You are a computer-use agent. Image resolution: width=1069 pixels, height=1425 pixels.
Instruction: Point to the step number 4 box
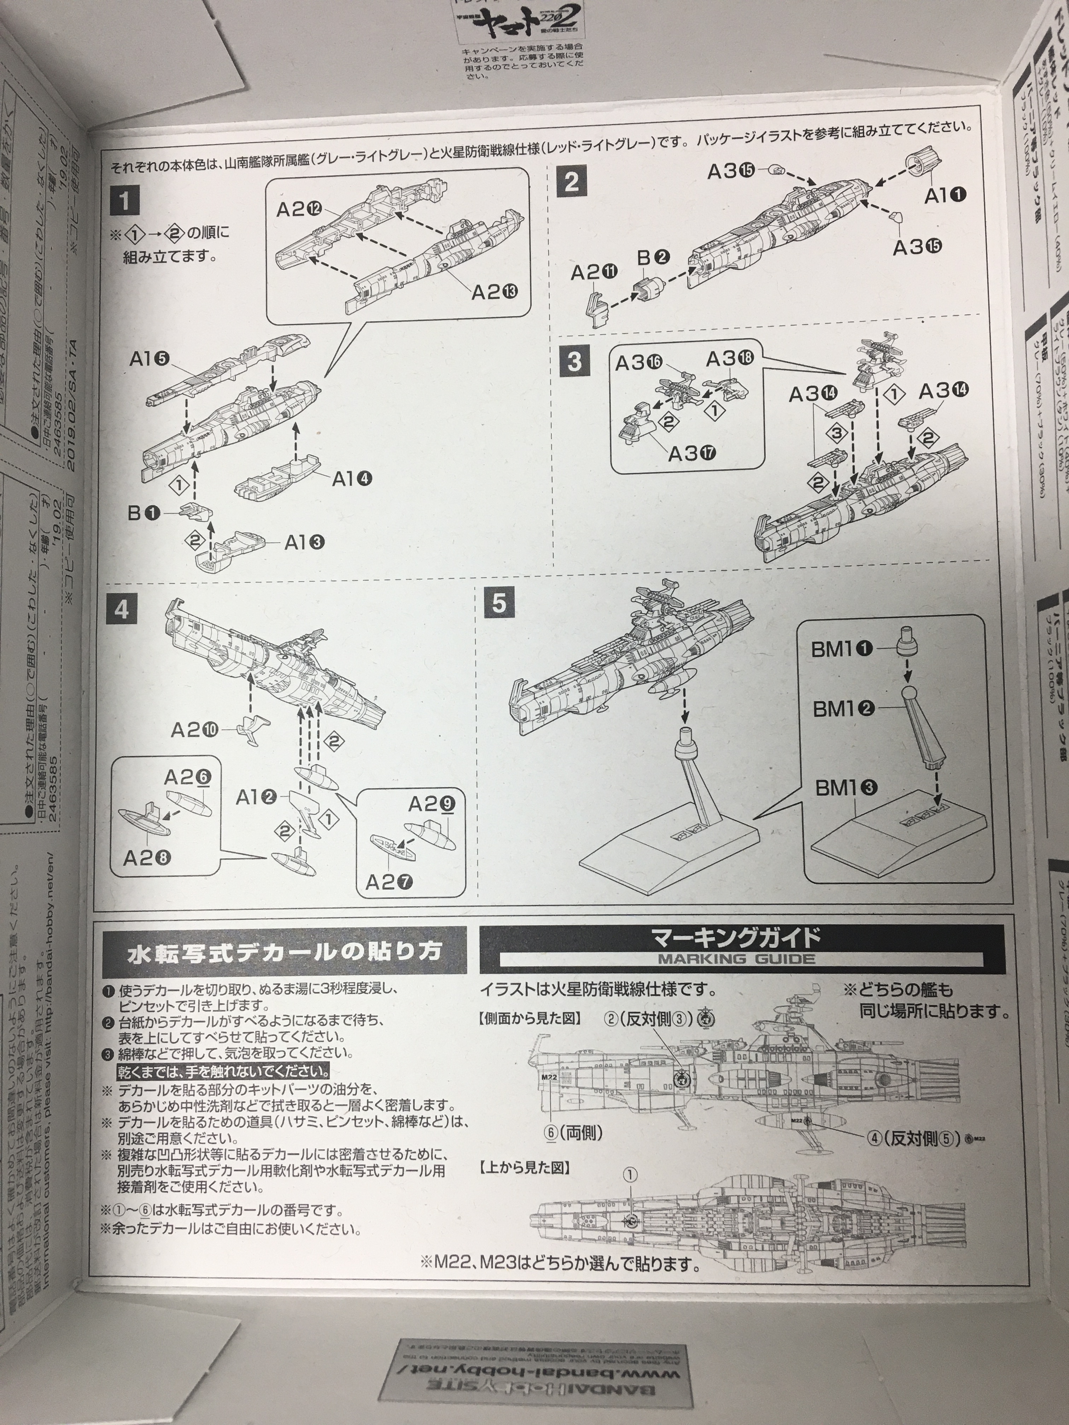pos(122,609)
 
